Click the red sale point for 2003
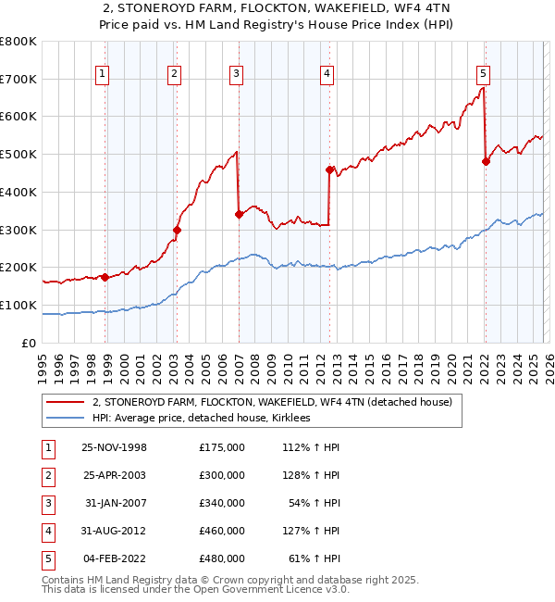(x=177, y=230)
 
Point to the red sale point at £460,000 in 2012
(x=329, y=169)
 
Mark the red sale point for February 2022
(x=486, y=162)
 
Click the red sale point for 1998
(x=105, y=277)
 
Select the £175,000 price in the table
(x=222, y=447)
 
